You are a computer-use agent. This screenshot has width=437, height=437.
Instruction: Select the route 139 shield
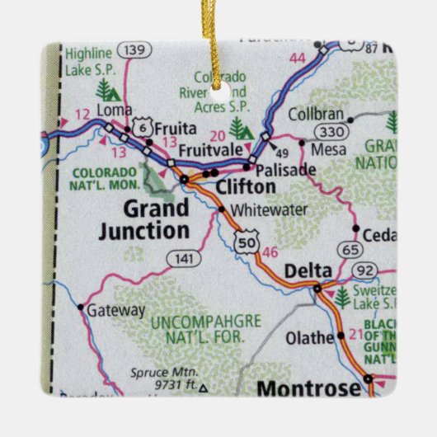pos(131,51)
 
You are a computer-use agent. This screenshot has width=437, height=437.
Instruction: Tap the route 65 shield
pos(350,248)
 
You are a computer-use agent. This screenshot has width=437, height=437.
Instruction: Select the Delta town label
pos(307,270)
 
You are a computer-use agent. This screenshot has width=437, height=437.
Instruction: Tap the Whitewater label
pos(256,210)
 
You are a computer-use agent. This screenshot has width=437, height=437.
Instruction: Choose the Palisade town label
pos(285,169)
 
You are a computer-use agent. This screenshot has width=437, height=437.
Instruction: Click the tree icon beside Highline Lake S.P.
pos(105,88)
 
